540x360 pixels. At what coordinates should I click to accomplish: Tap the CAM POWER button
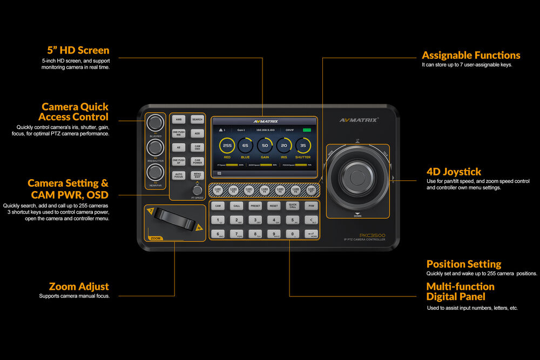198,161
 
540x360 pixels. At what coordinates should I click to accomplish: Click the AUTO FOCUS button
179,175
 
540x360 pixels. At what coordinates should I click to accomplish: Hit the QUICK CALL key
292,206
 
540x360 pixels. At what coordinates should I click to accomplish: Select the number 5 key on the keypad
292,220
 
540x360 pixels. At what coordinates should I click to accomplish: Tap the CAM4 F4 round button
265,189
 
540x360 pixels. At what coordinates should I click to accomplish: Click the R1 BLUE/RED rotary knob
156,121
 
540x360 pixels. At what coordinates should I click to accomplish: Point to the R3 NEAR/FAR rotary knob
156,172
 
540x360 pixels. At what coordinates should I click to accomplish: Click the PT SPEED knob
198,190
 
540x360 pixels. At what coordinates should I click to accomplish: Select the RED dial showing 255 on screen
227,146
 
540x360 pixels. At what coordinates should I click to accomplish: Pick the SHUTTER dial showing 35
303,146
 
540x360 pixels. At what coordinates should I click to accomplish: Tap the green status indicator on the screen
307,130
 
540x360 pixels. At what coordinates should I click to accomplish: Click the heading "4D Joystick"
454,172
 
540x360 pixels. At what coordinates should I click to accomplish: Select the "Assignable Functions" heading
471,55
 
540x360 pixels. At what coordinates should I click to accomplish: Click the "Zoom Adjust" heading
79,286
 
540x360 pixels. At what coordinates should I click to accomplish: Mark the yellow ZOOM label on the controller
156,237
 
